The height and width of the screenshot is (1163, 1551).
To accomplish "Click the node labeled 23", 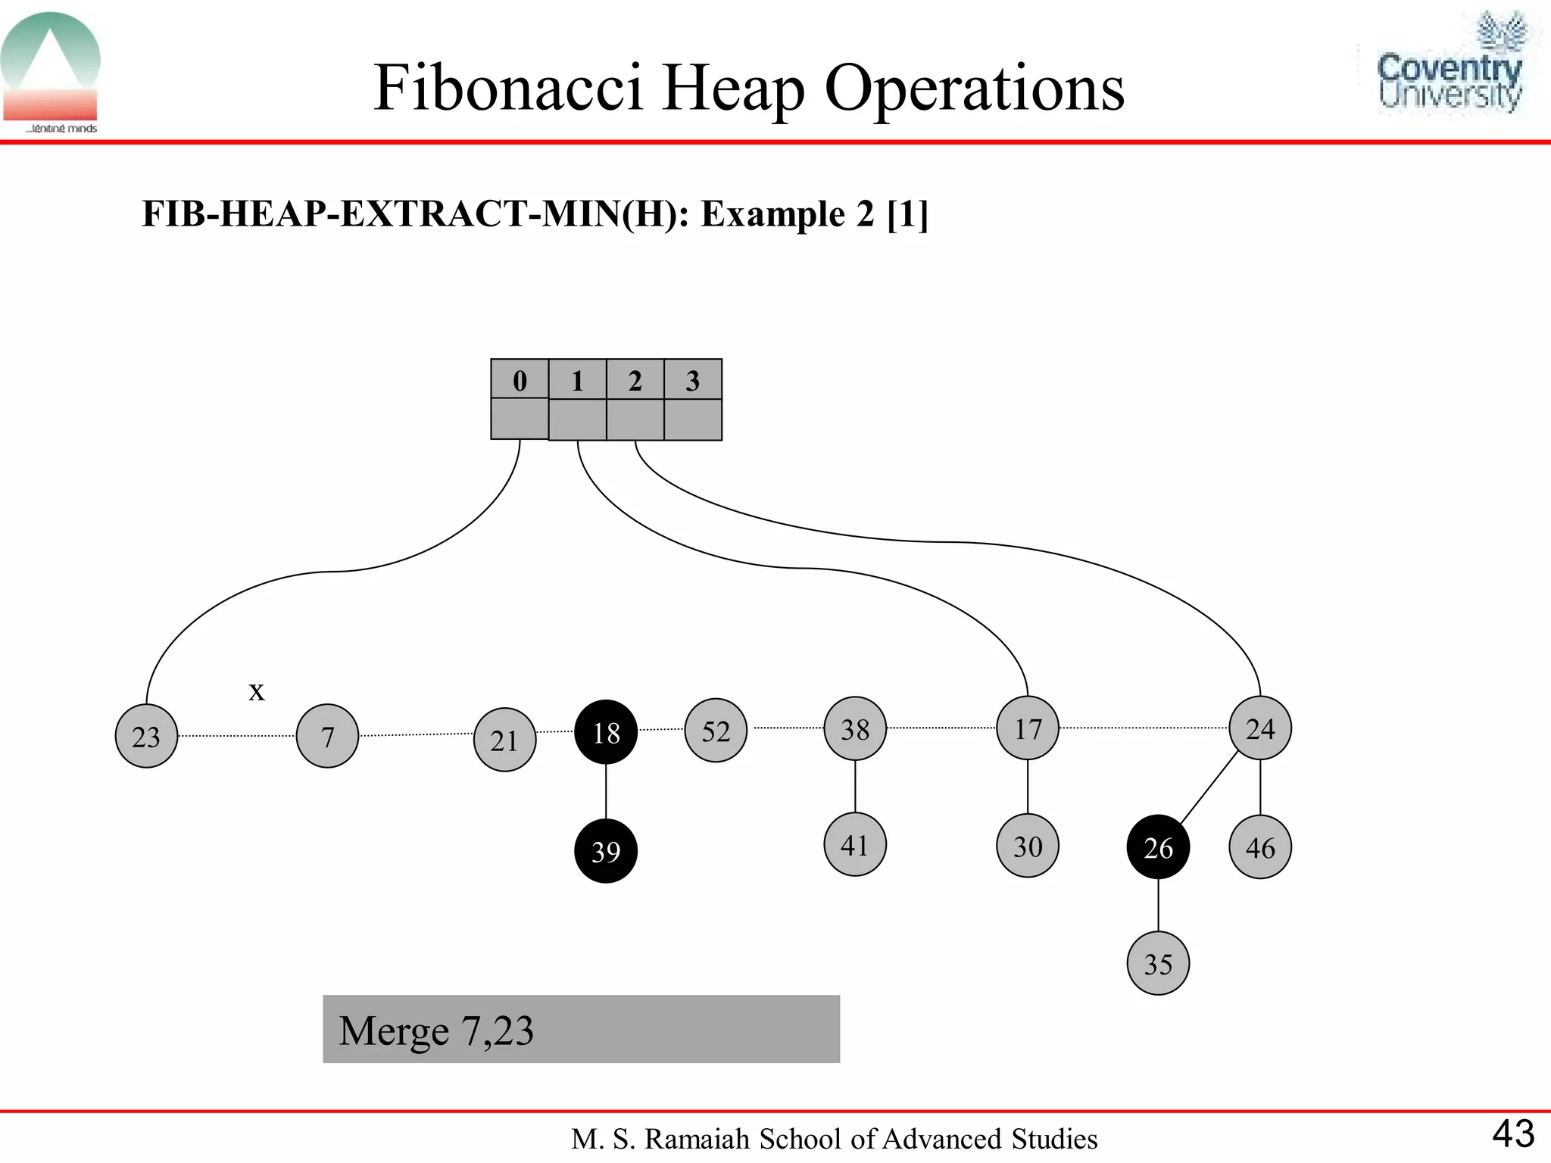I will coord(146,736).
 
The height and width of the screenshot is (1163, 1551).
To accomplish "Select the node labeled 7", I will coord(327,736).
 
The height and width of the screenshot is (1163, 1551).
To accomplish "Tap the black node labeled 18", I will coord(606,732).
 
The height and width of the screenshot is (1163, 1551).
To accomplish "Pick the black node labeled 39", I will coord(606,851).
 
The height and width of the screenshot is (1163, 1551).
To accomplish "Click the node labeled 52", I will coord(716,730).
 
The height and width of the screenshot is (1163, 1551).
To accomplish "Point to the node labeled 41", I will coord(855,844).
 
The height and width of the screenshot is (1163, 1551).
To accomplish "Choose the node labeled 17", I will coord(1028,728).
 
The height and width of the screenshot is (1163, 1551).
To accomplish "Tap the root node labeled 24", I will coord(1260,728).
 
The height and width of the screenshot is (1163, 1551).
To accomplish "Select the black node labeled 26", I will coord(1158,847).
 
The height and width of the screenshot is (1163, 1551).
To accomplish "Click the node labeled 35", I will coord(1158,963).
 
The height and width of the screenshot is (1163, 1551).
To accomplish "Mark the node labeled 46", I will coord(1260,847).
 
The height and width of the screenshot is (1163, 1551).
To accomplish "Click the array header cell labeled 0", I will coord(520,379).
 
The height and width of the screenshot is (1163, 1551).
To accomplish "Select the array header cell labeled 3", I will coord(693,379).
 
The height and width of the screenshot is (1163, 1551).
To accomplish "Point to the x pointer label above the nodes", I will coord(257,691).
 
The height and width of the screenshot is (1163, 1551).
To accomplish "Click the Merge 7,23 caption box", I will coord(581,1029).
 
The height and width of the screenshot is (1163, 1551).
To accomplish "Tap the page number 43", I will coord(1513,1133).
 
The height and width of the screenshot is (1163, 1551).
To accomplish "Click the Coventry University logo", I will coord(1450,64).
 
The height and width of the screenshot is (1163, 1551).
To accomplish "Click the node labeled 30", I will coord(1028,846).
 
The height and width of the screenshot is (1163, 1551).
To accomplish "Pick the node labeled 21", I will coord(504,740).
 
